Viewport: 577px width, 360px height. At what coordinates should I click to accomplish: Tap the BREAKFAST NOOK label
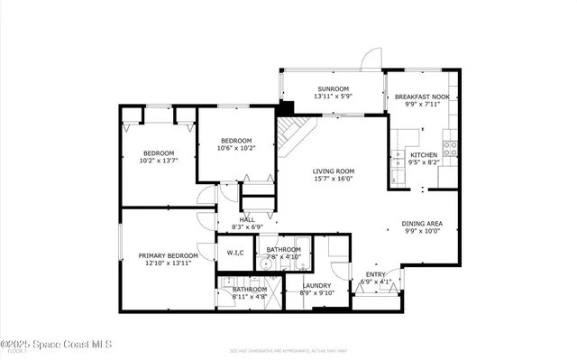pyautogui.click(x=422, y=97)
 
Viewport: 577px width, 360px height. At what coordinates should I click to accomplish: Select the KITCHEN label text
pyautogui.click(x=424, y=155)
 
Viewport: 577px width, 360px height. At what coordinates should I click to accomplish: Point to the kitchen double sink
pyautogui.click(x=403, y=138)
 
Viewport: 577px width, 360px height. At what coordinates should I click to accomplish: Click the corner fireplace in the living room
pyautogui.click(x=290, y=131)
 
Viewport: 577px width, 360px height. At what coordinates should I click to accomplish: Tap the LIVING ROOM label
pyautogui.click(x=333, y=171)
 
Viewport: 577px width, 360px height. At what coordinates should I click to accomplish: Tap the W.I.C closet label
pyautogui.click(x=236, y=253)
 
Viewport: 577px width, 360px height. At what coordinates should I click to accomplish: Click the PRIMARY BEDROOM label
pyautogui.click(x=168, y=255)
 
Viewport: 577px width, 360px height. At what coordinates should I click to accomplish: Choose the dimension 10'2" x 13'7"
pyautogui.click(x=158, y=162)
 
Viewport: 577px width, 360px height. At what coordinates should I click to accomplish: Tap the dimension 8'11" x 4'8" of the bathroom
pyautogui.click(x=249, y=296)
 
